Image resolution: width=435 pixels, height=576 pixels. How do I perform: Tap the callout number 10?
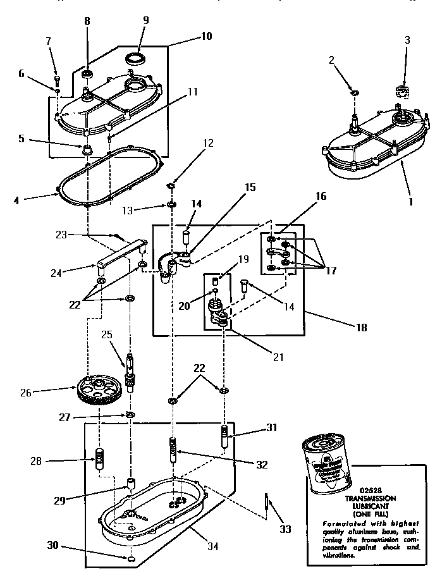click(206, 36)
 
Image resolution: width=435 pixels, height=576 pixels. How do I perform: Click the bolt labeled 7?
click(57, 80)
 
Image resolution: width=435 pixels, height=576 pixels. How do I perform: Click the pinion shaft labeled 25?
click(130, 373)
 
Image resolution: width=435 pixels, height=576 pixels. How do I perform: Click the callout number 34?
click(213, 547)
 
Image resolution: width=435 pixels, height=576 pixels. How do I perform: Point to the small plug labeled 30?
click(130, 560)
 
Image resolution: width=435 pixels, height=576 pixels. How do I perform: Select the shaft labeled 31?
click(224, 436)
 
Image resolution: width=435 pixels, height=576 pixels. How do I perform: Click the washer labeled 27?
click(130, 414)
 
